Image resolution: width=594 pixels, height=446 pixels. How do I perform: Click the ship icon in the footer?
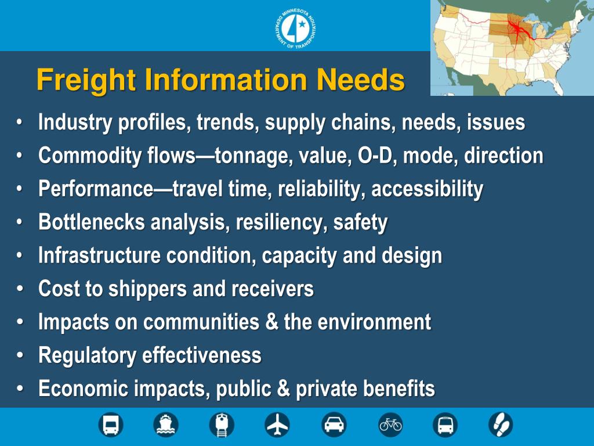166,425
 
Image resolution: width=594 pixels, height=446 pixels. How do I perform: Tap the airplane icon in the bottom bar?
277,425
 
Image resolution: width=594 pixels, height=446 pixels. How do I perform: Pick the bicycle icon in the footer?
390,425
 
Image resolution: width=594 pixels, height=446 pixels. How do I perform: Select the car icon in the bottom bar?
334,425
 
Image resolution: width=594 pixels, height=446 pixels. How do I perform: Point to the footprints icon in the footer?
500,425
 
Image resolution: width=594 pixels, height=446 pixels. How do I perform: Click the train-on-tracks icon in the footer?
222,425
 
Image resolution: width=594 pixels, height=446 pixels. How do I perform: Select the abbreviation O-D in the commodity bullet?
378,156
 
